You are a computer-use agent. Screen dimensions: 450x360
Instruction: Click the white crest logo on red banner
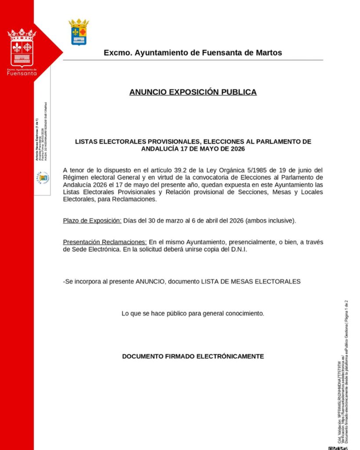[22, 47]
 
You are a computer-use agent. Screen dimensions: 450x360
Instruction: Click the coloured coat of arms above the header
[79, 32]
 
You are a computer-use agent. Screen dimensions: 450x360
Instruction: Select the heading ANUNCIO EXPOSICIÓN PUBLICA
[193, 92]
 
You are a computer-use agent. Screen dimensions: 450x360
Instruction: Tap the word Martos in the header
[268, 53]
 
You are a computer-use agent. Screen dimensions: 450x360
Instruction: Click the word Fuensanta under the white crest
[22, 73]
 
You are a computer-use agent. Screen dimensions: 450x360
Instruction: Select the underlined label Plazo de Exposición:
[92, 220]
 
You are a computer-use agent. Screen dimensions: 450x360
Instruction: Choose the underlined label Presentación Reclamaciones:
[105, 242]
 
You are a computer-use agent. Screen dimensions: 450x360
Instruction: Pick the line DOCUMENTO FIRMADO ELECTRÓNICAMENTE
[193, 356]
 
